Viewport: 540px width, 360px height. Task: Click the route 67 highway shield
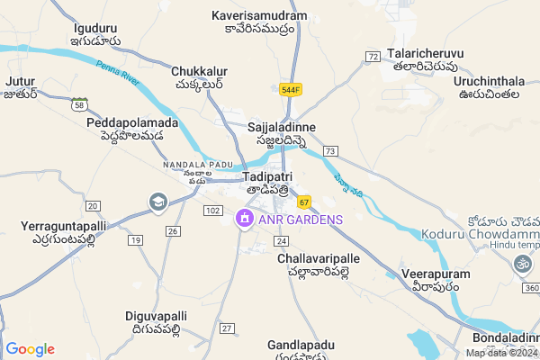(x=305, y=201)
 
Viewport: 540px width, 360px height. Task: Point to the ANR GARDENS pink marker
(x=243, y=219)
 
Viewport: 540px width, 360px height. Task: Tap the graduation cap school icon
(x=158, y=202)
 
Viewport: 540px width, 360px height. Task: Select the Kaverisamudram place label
(x=258, y=16)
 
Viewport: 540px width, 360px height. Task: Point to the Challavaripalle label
(x=319, y=258)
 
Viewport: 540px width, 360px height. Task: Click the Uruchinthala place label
(x=490, y=81)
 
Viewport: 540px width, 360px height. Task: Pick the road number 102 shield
(x=213, y=210)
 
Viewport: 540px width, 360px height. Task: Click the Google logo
(x=30, y=348)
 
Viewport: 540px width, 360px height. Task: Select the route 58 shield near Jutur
(x=79, y=105)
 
